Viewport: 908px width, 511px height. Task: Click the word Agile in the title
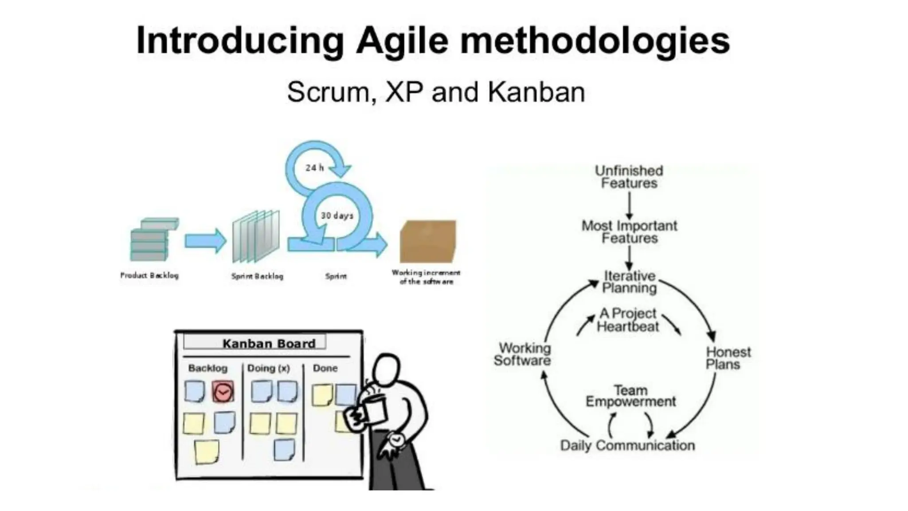[x=402, y=41]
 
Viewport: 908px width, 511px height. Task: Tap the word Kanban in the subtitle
[x=536, y=92]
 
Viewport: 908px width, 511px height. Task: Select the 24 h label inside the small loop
[x=314, y=168]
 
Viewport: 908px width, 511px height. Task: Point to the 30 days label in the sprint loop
[x=337, y=216]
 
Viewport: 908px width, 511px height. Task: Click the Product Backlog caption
[x=149, y=275]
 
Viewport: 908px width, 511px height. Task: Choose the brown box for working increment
[x=428, y=242]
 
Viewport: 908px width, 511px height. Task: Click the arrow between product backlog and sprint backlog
[x=205, y=241]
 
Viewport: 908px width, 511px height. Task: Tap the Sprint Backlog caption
[x=257, y=276]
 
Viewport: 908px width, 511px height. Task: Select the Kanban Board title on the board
[x=269, y=343]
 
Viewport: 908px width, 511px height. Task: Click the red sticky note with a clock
[x=223, y=392]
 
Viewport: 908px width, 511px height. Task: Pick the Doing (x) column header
[x=268, y=368]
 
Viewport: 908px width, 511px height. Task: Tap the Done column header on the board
[x=325, y=368]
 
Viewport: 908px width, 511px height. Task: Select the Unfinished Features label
[x=629, y=177]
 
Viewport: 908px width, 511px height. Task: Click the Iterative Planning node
[x=629, y=282]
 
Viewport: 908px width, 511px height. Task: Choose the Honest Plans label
[x=728, y=358]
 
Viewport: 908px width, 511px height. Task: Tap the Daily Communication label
[x=627, y=445]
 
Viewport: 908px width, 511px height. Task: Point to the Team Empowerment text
[x=630, y=396]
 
